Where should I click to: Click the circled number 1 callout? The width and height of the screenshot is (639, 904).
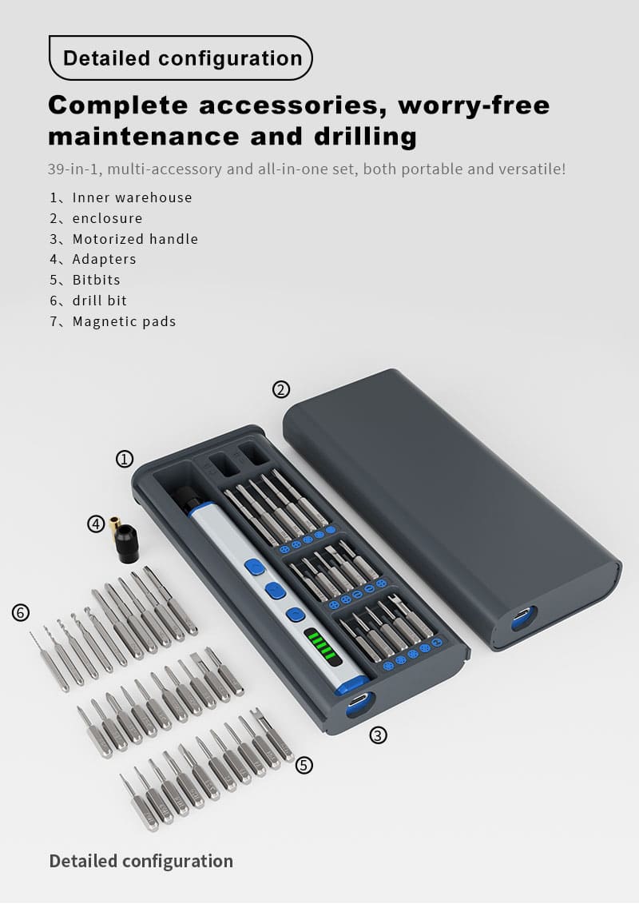pos(125,459)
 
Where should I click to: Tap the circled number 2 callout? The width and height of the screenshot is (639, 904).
pos(280,390)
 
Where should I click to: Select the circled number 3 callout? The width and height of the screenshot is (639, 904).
pos(378,735)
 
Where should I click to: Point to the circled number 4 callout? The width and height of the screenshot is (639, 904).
pos(96,524)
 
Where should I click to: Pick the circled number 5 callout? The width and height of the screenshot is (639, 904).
pos(304,765)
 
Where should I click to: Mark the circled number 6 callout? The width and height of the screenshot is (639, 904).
pos(21,612)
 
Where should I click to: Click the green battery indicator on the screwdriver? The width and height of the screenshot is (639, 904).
pos(322,644)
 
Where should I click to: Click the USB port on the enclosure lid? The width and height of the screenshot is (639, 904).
pos(523,618)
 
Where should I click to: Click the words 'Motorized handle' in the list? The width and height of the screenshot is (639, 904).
pos(136,239)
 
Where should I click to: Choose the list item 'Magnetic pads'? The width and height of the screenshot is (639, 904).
pos(124,321)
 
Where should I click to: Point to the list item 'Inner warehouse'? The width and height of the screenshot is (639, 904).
pos(132,197)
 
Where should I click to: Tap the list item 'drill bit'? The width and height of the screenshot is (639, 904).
pos(100,301)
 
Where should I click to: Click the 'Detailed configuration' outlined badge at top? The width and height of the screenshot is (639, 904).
pos(181,58)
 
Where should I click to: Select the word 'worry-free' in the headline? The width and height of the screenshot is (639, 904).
pos(474,105)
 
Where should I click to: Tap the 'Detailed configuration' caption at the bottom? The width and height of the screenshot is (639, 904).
pos(141,861)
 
